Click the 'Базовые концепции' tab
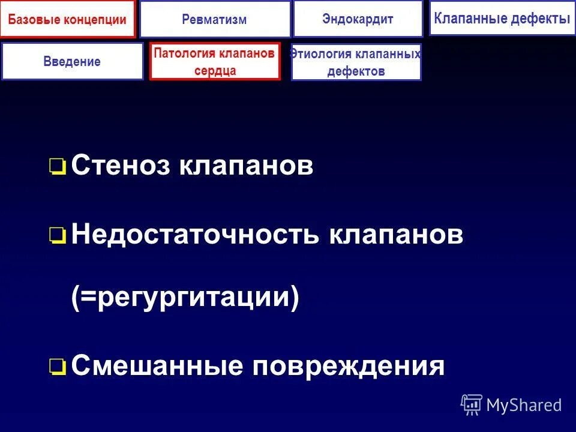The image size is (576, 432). click(x=68, y=19)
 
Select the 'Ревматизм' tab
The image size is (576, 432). click(x=215, y=19)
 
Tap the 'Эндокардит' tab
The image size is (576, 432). click(x=358, y=19)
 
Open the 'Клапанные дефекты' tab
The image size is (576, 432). click(x=502, y=19)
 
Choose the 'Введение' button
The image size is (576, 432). click(x=72, y=61)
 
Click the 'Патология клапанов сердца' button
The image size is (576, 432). click(x=215, y=61)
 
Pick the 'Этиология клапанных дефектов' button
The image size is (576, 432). click(x=356, y=62)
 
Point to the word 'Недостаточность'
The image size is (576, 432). click(x=195, y=235)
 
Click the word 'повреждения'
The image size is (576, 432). click(x=348, y=366)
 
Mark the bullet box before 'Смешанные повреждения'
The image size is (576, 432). click(x=58, y=366)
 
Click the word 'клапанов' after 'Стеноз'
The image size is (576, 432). click(x=245, y=166)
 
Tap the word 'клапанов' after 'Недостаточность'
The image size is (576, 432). click(x=395, y=235)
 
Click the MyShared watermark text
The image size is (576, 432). click(x=524, y=405)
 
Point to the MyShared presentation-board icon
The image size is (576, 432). click(x=472, y=404)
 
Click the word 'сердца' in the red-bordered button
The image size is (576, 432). click(x=215, y=70)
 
